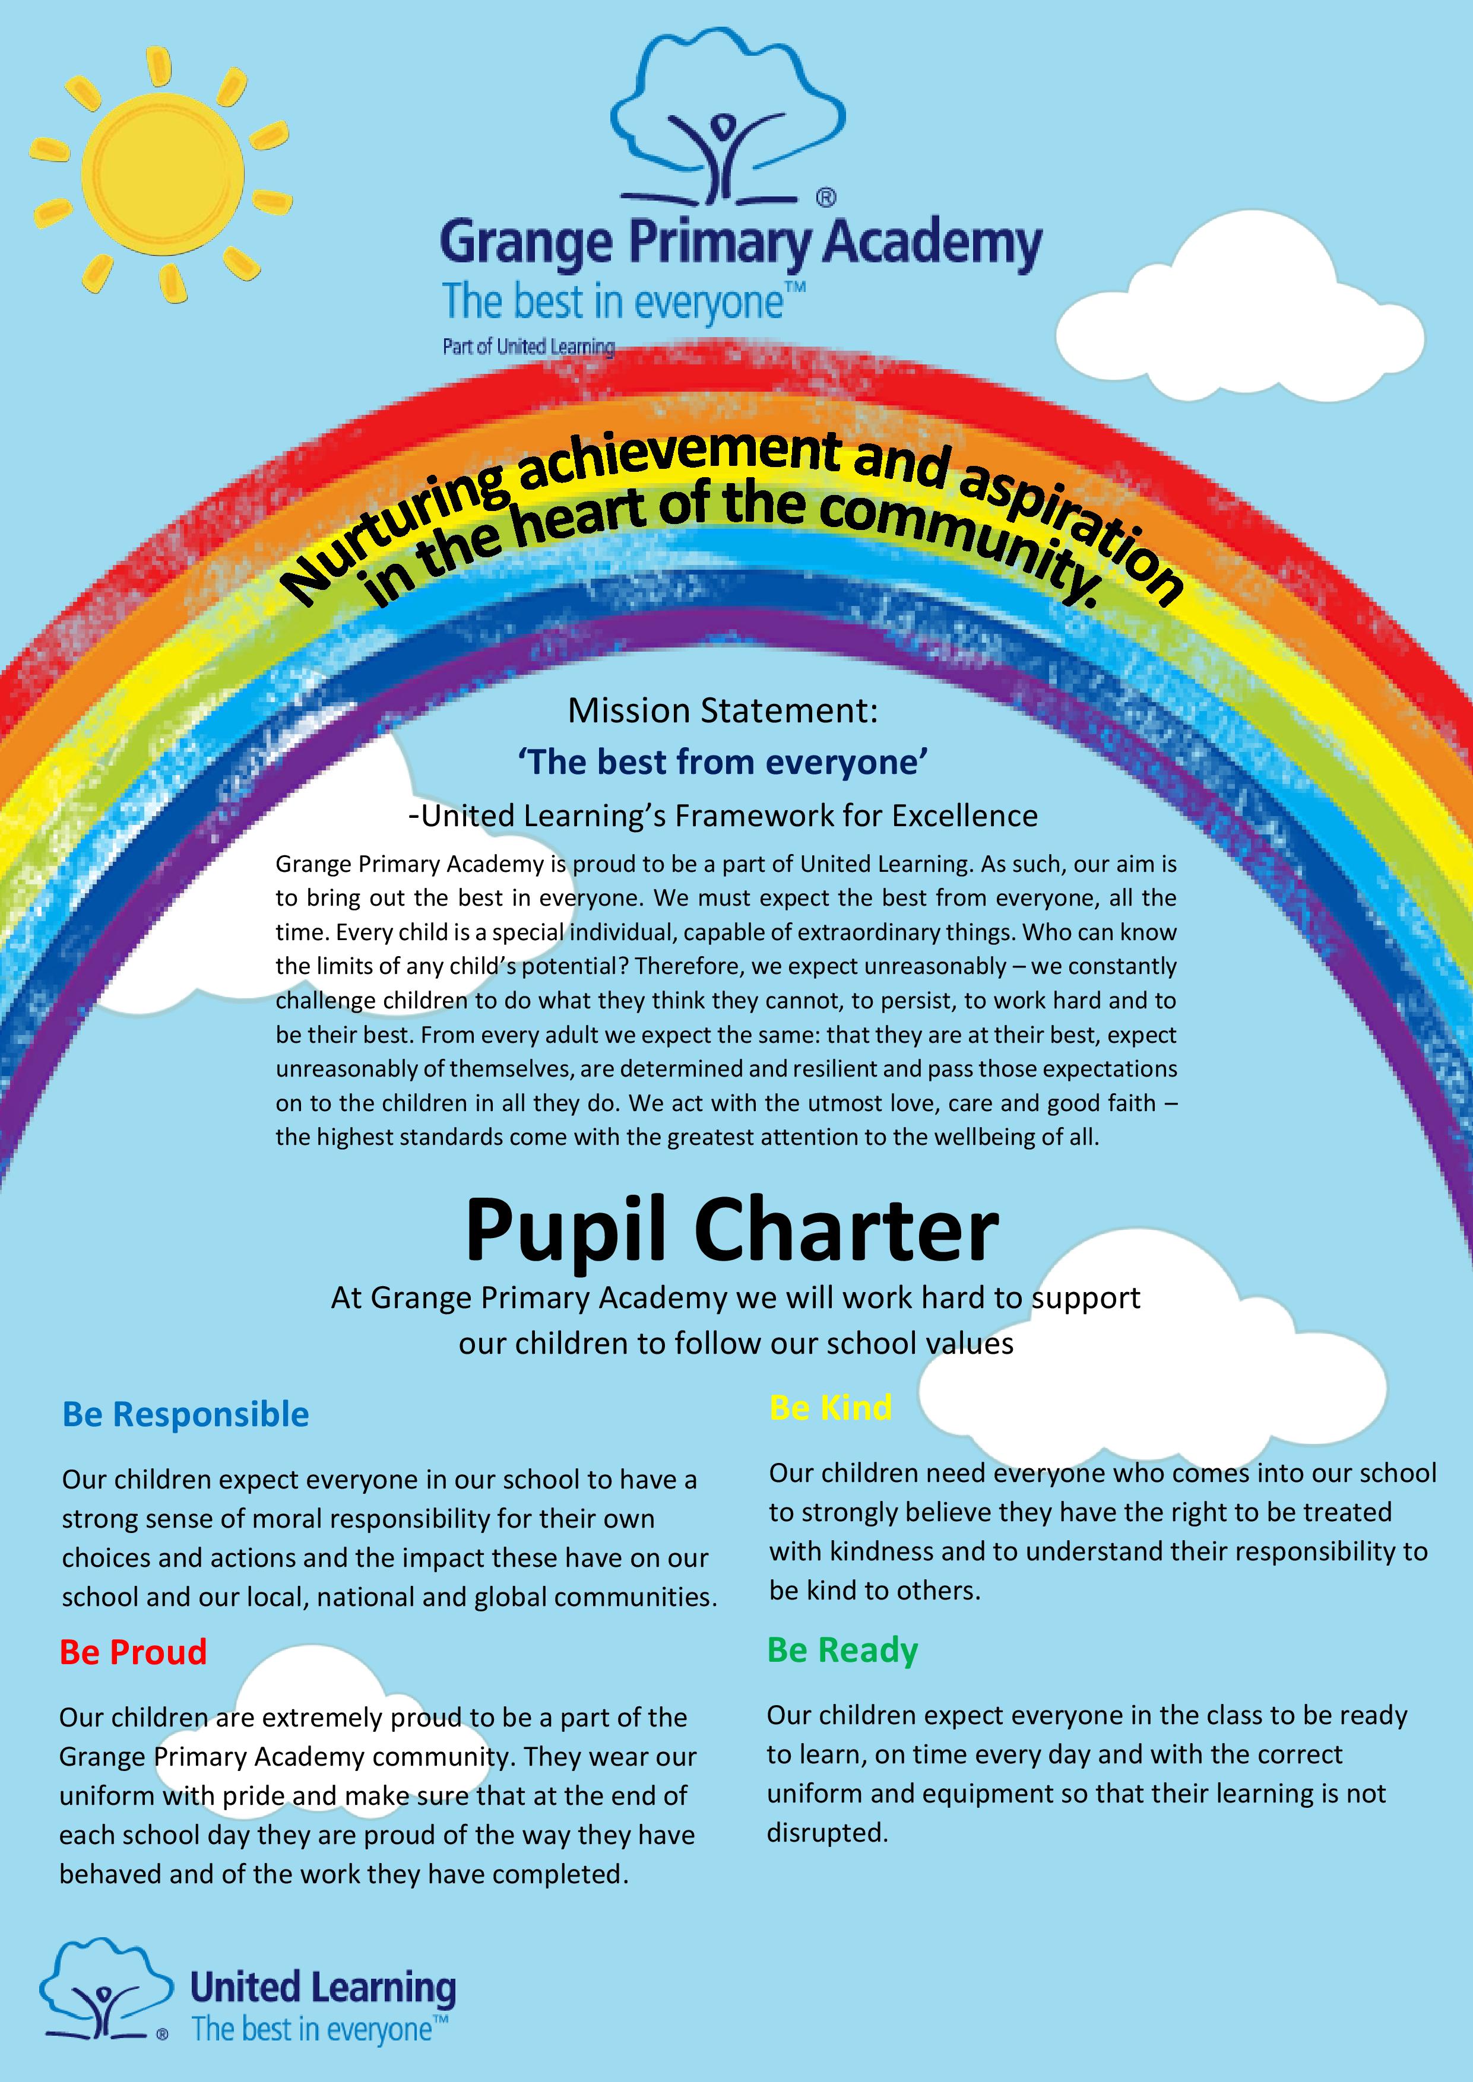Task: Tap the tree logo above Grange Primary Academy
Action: tap(726, 122)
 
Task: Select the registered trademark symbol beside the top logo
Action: tap(825, 197)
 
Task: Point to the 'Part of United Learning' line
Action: tap(528, 347)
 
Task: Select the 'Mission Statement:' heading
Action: tap(723, 710)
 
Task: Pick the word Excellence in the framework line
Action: tap(964, 816)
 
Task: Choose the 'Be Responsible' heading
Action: tap(185, 1414)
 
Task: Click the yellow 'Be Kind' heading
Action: tap(830, 1407)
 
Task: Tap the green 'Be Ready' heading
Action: tap(842, 1649)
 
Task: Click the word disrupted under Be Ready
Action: tap(827, 1833)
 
